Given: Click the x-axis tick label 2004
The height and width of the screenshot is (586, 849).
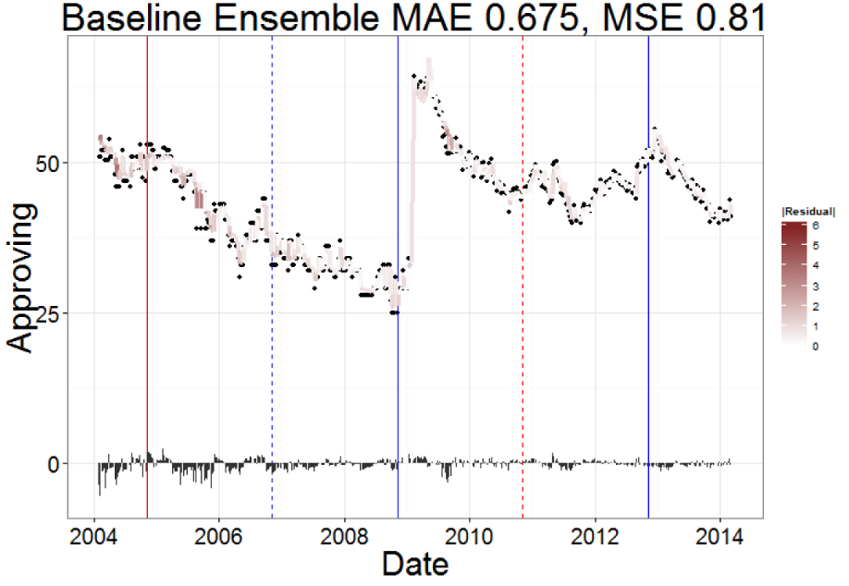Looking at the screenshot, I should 94,538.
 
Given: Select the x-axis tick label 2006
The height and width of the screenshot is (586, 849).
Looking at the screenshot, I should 219,538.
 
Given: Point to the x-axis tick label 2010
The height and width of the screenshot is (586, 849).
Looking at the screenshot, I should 470,538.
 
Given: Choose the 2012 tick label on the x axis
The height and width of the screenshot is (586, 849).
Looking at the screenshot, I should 595,538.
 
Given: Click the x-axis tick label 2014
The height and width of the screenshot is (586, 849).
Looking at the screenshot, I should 720,538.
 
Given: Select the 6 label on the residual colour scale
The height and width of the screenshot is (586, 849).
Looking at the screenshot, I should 815,225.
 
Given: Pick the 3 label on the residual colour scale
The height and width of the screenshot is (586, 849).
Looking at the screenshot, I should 815,285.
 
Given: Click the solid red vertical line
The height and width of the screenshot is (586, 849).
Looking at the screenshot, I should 147,277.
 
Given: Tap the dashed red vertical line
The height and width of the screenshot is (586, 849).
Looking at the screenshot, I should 523,277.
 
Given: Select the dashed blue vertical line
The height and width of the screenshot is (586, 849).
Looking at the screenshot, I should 272,277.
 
